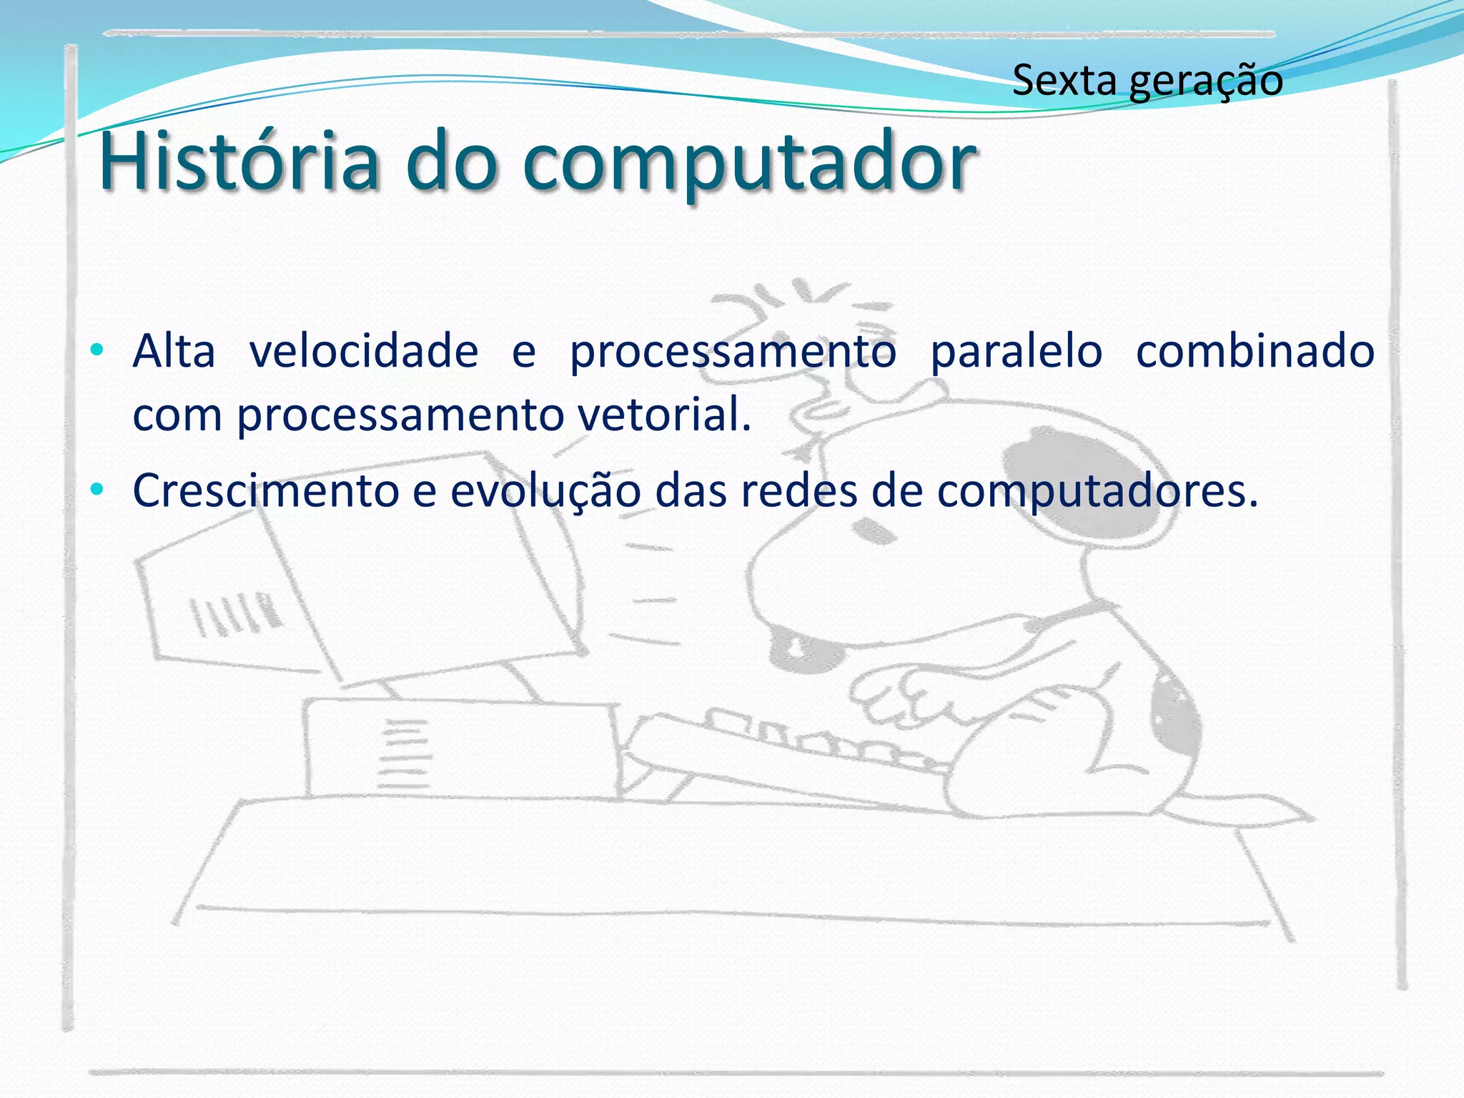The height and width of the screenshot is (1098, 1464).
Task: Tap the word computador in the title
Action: coord(748,164)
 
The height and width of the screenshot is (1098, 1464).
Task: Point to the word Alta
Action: coord(174,352)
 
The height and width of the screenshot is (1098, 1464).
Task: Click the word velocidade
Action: coord(364,352)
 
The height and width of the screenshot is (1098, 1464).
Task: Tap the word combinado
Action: coord(1255,352)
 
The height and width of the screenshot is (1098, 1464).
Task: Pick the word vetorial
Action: coord(664,415)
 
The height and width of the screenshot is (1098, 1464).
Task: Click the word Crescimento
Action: coord(266,491)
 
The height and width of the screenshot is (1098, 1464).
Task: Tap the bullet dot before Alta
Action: coord(97,351)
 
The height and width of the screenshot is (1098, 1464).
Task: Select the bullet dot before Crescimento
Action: coord(97,490)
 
